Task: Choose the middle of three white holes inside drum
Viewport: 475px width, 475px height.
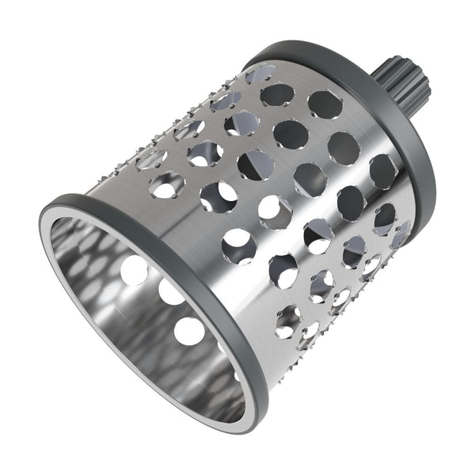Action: [170, 293]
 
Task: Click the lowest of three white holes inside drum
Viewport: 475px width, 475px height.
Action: [188, 329]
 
